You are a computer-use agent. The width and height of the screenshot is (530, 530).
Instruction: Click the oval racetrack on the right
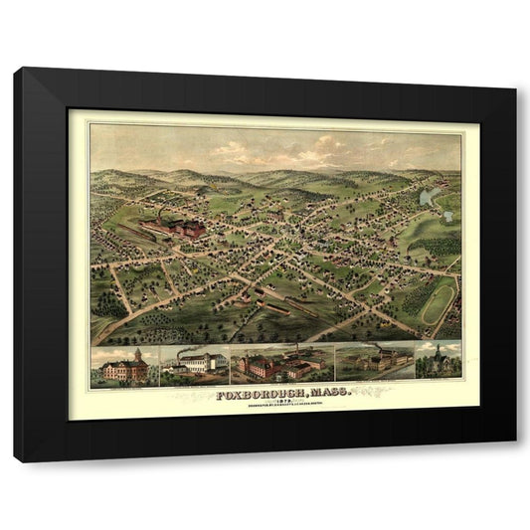pos(438,299)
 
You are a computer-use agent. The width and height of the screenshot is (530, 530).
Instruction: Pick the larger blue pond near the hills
pos(429,197)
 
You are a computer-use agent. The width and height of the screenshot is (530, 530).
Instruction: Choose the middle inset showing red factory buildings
pos(280,366)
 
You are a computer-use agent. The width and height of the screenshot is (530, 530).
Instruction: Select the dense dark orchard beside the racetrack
pos(438,245)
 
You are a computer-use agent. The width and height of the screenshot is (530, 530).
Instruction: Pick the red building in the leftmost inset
pos(127,370)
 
